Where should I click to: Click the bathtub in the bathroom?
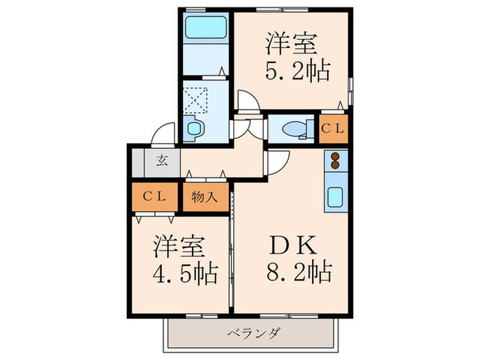tap(208, 29)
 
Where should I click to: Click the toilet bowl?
tap(293, 128)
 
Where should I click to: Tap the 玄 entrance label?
tap(162, 163)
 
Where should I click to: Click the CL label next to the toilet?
tap(335, 128)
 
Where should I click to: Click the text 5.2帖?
tap(292, 69)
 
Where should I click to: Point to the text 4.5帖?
tap(184, 274)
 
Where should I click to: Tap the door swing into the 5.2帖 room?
tap(248, 100)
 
